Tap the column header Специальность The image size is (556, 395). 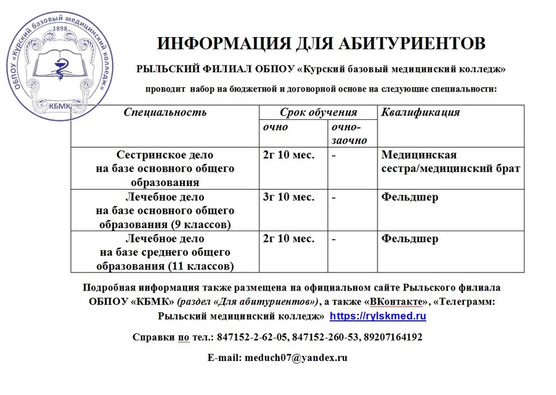(x=165, y=113)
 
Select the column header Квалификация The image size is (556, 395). (x=421, y=113)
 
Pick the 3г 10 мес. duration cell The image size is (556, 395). (x=289, y=198)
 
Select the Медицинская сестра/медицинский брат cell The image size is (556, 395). (x=451, y=161)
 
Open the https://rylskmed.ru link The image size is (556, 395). (x=378, y=316)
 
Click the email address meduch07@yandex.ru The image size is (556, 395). (x=295, y=357)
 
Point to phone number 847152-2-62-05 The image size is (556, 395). (x=250, y=337)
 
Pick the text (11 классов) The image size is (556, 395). (x=201, y=266)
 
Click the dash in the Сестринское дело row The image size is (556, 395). (x=334, y=155)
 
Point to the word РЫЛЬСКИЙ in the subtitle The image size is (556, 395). (x=172, y=69)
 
